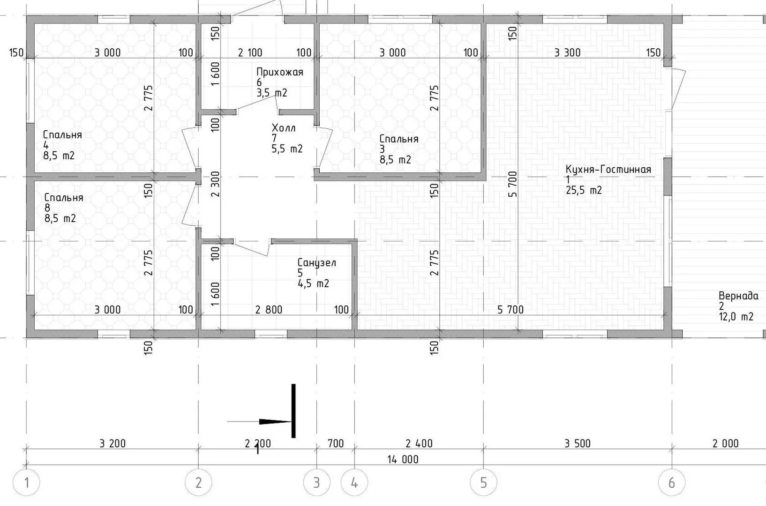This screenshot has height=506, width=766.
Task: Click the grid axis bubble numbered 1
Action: (26, 483)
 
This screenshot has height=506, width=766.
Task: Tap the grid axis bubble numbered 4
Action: (354, 483)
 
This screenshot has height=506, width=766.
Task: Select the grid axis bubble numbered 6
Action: (672, 483)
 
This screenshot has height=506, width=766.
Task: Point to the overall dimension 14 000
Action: (403, 459)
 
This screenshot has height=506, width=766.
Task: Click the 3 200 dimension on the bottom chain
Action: (113, 444)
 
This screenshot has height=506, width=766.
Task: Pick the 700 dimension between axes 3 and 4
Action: (336, 444)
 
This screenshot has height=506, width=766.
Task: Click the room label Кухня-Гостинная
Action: (608, 170)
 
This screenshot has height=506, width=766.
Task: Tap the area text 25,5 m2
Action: (583, 190)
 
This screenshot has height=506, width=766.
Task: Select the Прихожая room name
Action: (280, 72)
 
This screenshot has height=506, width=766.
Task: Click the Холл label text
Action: (284, 128)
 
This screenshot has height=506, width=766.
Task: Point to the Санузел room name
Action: (316, 263)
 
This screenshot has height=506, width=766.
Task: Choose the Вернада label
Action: (738, 296)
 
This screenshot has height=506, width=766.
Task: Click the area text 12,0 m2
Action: (736, 317)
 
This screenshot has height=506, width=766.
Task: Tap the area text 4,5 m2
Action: (313, 283)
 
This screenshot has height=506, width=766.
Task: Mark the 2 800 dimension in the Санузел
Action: (269, 310)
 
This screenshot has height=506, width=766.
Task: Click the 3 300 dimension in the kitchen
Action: (567, 52)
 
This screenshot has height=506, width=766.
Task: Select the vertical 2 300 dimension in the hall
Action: (216, 184)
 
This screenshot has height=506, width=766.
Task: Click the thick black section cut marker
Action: (293, 411)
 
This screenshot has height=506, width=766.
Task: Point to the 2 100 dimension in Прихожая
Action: (250, 52)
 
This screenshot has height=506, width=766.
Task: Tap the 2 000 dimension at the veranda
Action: (725, 444)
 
